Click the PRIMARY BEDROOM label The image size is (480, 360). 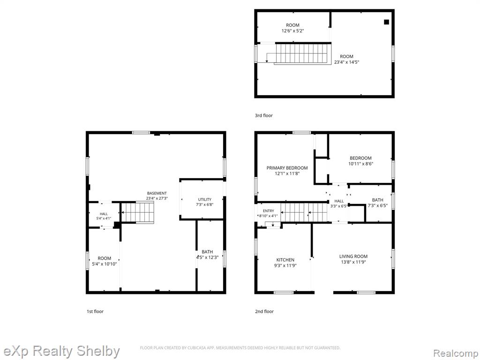coord(287,168)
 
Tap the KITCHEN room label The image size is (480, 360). coord(285,260)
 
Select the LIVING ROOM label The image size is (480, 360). coord(353,256)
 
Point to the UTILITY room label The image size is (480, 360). coord(204,200)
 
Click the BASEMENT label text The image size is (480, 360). coord(157,194)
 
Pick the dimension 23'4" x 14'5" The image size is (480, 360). coord(346,62)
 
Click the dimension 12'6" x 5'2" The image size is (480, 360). coord(292,30)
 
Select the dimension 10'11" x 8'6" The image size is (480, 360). coord(360,164)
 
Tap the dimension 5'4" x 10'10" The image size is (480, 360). coord(105,264)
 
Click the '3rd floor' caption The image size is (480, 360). coord(263,115)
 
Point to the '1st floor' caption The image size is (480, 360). coord(95,311)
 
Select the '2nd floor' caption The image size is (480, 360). coord(264,311)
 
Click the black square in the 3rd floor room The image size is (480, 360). coord(386,22)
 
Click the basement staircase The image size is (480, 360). coord(138,212)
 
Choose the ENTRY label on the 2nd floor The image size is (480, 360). coord(269,211)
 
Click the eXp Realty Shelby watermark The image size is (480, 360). coord(61,351)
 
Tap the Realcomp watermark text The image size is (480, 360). coord(456,353)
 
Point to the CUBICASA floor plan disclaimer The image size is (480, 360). coord(240,348)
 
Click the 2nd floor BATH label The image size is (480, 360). coord(377,200)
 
